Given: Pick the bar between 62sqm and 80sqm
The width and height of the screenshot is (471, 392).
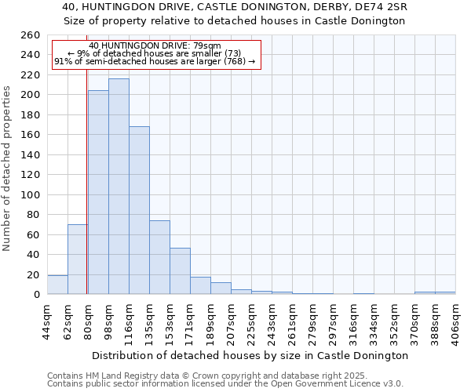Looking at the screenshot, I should coord(78,260).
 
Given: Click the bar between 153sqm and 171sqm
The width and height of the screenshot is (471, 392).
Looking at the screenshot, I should coord(180,271).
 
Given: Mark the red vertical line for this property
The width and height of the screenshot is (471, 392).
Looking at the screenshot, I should coord(86,196).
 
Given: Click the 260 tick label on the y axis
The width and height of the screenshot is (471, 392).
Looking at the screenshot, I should coord(30,35).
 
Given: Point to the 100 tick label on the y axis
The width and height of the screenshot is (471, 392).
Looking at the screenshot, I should coord(30,194).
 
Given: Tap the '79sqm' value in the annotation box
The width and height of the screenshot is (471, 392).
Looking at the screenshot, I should coord(217,45).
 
